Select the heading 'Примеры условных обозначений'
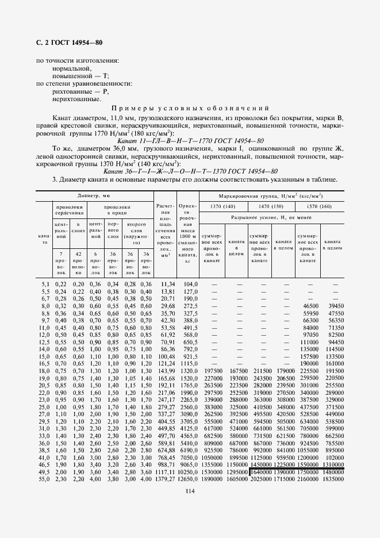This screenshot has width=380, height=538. [190, 108]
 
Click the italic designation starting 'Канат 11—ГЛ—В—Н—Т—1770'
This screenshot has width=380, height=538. [190, 140]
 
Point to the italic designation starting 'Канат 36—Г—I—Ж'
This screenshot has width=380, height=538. [190, 171]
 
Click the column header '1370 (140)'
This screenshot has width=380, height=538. [222, 206]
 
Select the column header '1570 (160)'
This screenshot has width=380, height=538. [320, 206]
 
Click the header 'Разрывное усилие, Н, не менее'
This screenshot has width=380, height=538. [271, 218]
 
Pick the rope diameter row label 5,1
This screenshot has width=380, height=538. [45, 285]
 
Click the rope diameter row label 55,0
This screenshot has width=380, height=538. [44, 478]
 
